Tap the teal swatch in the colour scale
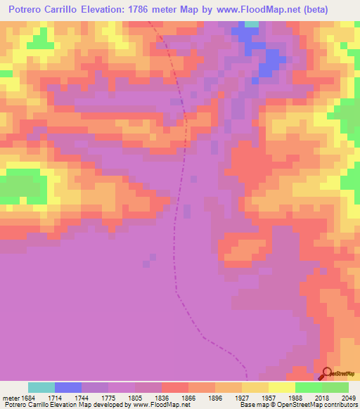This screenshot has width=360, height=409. pos(41,387)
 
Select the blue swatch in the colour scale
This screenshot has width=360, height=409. pos(68,387)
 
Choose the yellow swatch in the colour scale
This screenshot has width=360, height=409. pos(282,387)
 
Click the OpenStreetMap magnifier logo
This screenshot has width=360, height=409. pos(327,374)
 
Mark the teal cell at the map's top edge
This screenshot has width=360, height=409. pos(251,24)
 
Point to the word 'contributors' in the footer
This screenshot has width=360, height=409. pos(339,405)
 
